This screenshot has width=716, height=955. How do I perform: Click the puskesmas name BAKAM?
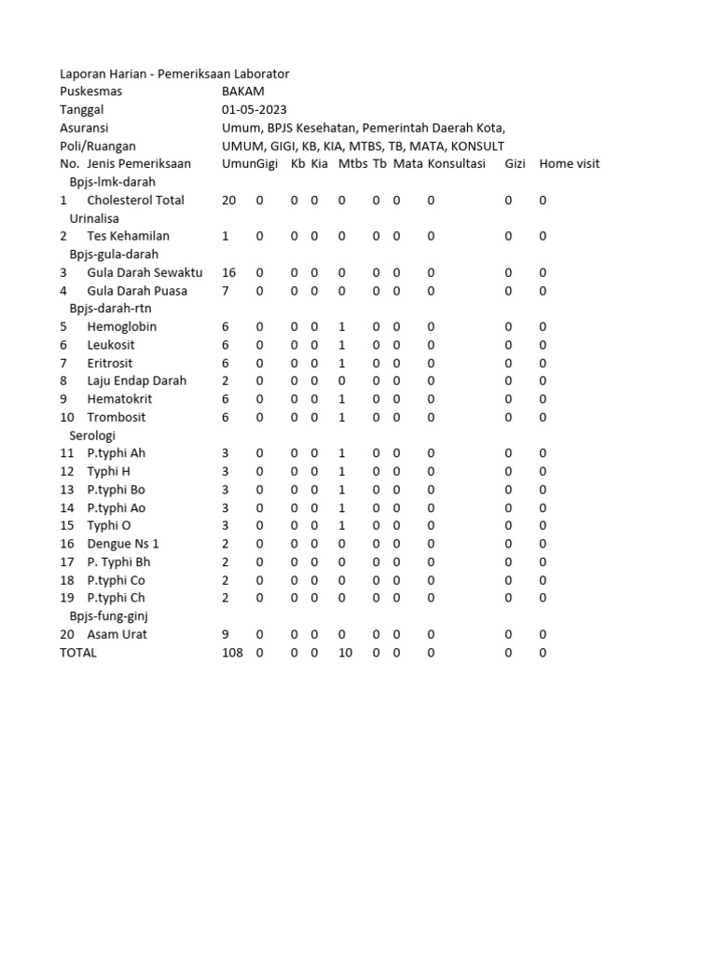click(x=242, y=91)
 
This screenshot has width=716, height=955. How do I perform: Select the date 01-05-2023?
click(x=255, y=110)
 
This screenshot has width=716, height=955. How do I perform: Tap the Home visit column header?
click(x=569, y=164)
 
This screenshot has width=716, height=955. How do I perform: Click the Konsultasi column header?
click(x=456, y=164)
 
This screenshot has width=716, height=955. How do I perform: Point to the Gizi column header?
click(x=515, y=164)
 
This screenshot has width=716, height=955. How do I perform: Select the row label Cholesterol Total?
click(x=135, y=201)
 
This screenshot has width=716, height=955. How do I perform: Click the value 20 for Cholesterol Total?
click(x=229, y=201)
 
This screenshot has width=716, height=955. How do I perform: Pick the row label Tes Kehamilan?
click(x=129, y=237)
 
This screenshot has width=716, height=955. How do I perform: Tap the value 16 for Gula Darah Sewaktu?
click(x=229, y=273)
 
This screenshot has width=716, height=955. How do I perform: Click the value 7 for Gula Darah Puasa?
click(x=226, y=291)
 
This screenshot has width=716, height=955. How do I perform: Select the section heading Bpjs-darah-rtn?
click(x=110, y=309)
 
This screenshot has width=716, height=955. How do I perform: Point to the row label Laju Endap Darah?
click(x=136, y=381)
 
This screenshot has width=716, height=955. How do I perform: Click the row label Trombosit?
click(x=117, y=417)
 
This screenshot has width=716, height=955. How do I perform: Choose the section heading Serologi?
click(x=92, y=436)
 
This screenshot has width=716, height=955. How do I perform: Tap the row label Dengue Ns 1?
click(x=123, y=544)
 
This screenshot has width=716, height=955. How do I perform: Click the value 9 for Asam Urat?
click(x=226, y=634)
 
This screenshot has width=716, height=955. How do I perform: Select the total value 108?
click(x=232, y=653)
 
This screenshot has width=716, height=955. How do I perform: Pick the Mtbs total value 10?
click(x=345, y=653)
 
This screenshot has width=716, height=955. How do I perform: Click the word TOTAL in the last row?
click(x=78, y=653)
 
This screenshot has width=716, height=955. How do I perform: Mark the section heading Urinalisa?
click(x=96, y=218)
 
